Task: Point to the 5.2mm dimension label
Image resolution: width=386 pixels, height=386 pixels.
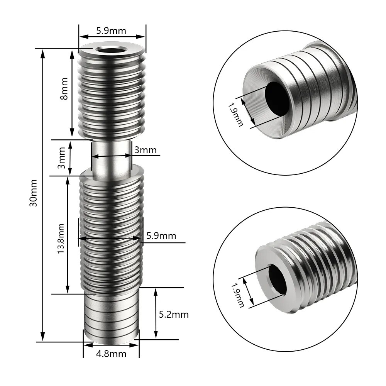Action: (x=174, y=315)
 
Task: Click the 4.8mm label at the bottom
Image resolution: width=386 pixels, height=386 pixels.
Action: (x=112, y=354)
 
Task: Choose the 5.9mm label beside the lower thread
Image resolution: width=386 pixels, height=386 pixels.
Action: (x=161, y=235)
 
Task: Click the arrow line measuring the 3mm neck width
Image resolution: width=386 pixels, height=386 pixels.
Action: (x=112, y=156)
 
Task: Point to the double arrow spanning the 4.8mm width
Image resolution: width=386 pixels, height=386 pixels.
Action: (x=112, y=344)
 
